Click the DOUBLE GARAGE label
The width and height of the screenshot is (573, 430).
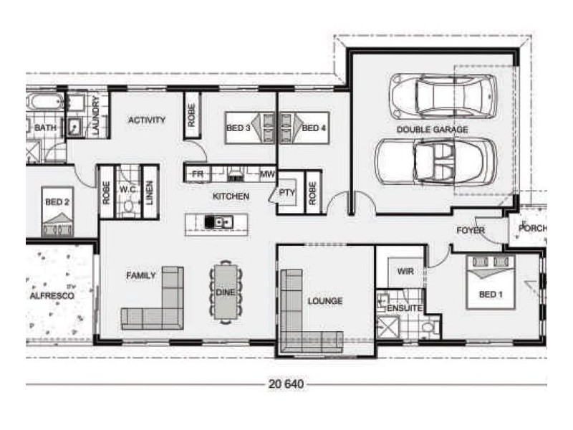click(x=432, y=130)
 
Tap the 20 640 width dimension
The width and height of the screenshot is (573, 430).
click(x=286, y=384)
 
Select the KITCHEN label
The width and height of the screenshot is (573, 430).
click(x=231, y=196)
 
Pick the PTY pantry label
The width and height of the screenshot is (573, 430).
click(x=286, y=192)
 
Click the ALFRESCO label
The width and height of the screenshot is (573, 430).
click(x=52, y=295)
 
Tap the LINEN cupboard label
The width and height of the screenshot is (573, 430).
click(x=150, y=193)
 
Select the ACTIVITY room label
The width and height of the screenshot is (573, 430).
click(x=147, y=120)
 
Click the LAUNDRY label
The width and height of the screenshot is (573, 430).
click(x=95, y=115)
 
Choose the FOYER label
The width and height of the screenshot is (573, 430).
click(x=471, y=231)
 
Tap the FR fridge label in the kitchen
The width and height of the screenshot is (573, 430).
click(x=197, y=174)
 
